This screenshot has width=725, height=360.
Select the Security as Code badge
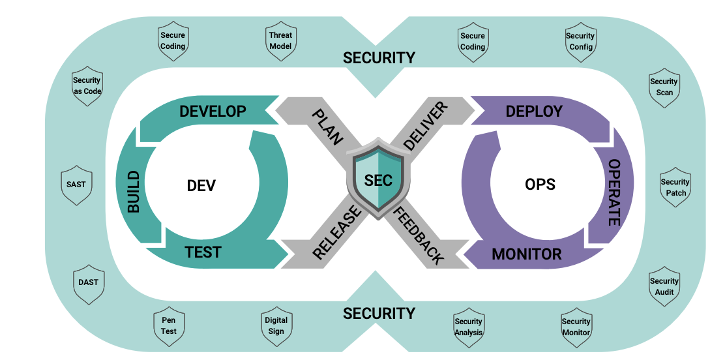tap(87, 86)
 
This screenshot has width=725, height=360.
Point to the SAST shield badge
tap(76, 185)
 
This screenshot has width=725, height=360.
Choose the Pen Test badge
tap(169, 326)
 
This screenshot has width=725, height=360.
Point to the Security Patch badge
tap(675, 188)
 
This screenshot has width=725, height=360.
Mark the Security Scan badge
tap(664, 87)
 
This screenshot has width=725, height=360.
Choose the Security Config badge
tap(580, 42)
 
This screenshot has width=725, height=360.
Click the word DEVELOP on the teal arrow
tap(213, 111)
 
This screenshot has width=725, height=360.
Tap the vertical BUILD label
tap(134, 192)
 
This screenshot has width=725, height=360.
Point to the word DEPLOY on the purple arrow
tap(534, 111)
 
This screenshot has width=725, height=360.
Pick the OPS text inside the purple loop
tap(540, 185)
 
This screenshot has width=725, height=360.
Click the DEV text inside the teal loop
tap(201, 186)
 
